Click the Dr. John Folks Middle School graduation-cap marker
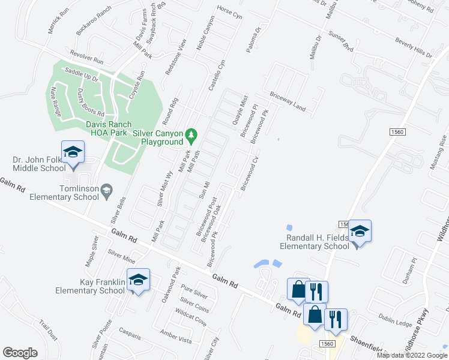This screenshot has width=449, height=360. coord(73,152)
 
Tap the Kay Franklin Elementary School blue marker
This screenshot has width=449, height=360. coord(138,280)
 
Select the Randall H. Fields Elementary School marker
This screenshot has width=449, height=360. coord(360,231)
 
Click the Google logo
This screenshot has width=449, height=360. coord(20,353)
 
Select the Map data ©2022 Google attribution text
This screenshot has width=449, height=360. coord(412,355)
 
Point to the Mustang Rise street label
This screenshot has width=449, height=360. coord(443,150)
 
